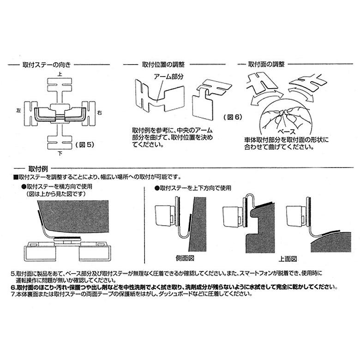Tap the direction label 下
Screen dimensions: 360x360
60,153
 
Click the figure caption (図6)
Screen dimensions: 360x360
232,117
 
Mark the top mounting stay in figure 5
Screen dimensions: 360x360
60,89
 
